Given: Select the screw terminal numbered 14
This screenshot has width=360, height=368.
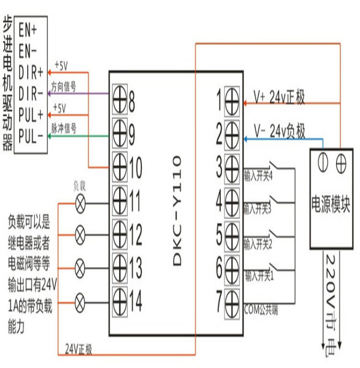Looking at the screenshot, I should tap(120, 302).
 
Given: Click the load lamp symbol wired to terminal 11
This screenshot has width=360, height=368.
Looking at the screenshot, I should tap(81, 203).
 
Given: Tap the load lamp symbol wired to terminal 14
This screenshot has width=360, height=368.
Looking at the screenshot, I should tap(81, 302).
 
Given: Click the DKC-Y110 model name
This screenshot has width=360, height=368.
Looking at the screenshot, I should tap(176, 209).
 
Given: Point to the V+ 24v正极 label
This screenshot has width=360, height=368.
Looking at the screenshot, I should tap(280, 98).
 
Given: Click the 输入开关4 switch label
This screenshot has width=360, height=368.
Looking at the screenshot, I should tap(258, 176).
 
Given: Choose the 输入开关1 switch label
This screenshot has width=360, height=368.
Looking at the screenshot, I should tap(259, 277).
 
